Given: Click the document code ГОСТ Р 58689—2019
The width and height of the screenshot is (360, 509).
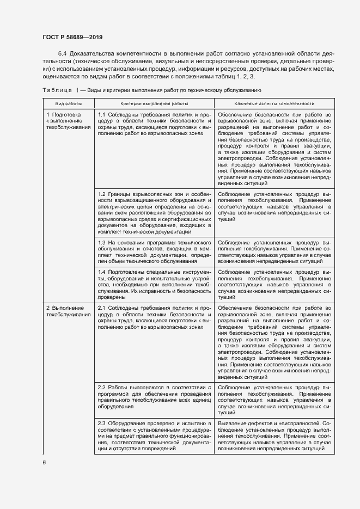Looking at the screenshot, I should [72, 37].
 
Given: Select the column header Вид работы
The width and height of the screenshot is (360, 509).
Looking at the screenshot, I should [69, 103].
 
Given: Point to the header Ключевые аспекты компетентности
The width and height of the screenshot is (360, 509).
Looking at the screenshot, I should [274, 103].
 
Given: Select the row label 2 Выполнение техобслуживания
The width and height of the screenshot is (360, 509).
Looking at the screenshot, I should [68, 311].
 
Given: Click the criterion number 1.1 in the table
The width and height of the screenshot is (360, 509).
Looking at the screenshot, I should [102, 115].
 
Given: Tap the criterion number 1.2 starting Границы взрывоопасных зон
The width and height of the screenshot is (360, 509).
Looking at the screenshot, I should [102, 194].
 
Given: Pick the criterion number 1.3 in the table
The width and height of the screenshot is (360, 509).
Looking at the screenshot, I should [102, 241].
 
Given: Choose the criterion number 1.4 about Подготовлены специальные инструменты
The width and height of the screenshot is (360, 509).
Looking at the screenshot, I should [102, 271].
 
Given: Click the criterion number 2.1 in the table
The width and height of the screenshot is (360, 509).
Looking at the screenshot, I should [102, 308].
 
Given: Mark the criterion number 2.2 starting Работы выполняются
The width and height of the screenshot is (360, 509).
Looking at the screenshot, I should [102, 387].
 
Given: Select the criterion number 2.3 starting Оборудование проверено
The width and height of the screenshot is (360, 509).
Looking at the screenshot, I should [102, 423].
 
